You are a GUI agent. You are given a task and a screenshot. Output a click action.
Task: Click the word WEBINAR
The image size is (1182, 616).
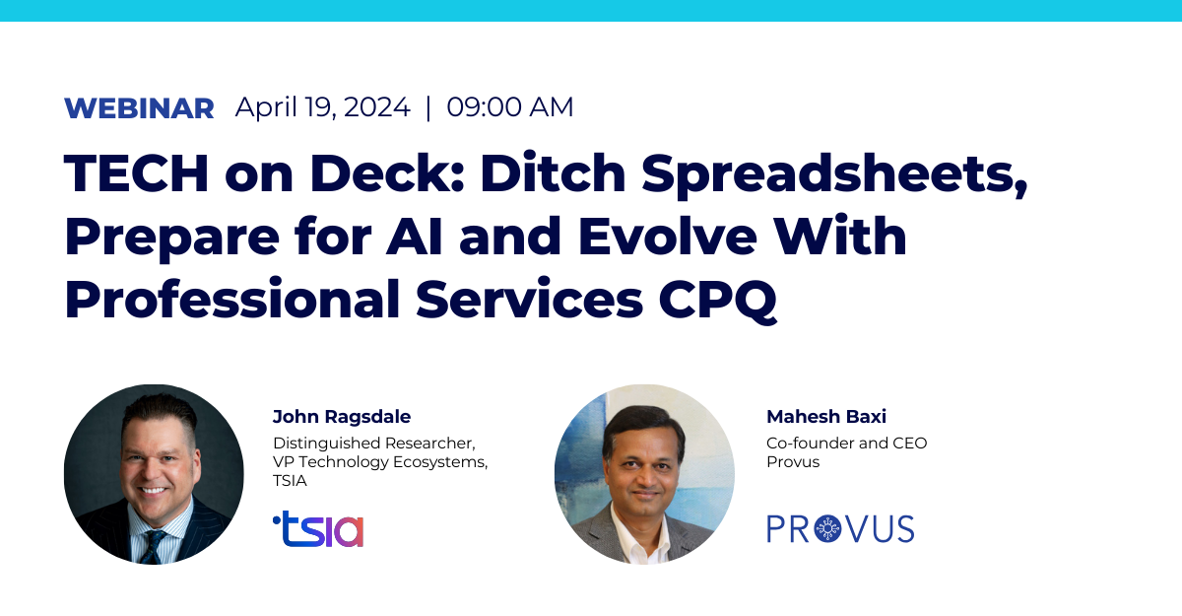[x=139, y=108]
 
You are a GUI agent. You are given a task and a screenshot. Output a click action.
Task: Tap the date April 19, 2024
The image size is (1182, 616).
[x=322, y=107]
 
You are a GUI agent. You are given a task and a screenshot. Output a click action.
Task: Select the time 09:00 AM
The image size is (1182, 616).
[x=510, y=107]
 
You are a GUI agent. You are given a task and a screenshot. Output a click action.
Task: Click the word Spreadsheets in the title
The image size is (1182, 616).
[x=835, y=175]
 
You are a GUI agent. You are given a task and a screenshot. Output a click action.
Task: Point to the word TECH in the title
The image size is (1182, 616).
[x=136, y=173]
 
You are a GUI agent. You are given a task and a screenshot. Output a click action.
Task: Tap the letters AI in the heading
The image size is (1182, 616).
[x=415, y=236]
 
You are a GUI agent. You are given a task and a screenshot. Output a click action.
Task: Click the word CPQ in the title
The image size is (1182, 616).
[x=718, y=300]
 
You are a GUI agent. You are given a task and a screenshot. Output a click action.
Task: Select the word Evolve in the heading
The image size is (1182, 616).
[x=668, y=236]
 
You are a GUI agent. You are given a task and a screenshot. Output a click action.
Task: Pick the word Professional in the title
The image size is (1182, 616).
[x=232, y=299]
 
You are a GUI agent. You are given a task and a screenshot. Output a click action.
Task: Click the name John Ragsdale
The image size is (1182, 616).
[x=342, y=417]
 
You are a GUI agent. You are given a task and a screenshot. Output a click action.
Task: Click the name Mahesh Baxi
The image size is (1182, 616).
[x=826, y=417]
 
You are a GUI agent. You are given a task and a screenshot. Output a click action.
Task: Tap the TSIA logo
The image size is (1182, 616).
[x=318, y=528]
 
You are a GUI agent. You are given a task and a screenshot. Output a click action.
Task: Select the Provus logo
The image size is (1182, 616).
[x=840, y=529]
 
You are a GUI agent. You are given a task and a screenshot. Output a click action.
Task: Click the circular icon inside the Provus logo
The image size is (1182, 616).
[x=827, y=529]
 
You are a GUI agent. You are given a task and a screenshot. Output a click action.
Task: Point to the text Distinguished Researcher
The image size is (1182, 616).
[x=374, y=443]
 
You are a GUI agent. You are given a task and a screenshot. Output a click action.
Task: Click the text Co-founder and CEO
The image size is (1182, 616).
[x=846, y=443]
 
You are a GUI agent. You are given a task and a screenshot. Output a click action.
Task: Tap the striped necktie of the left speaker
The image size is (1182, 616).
[x=153, y=547]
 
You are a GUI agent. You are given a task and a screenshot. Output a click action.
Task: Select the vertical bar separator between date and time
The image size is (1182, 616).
[x=427, y=107]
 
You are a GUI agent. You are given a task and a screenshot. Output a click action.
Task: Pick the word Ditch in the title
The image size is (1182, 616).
[x=552, y=173]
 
